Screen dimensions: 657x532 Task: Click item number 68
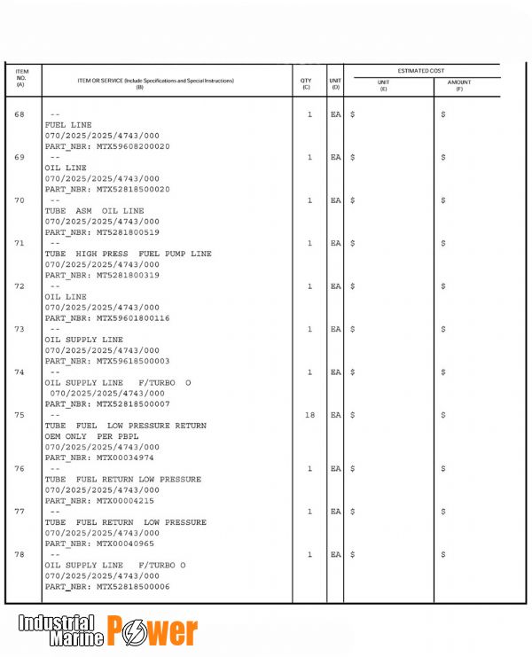pyautogui.click(x=20, y=114)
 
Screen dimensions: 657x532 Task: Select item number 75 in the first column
pyautogui.click(x=20, y=415)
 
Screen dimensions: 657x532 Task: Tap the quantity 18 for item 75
pyautogui.click(x=309, y=415)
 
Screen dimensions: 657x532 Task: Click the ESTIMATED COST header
pyautogui.click(x=422, y=70)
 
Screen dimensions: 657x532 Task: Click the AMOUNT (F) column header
pyautogui.click(x=459, y=85)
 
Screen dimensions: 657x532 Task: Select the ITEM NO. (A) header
pyautogui.click(x=21, y=77)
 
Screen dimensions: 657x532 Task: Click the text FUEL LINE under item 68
pyautogui.click(x=68, y=125)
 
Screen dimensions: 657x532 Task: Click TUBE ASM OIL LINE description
pyautogui.click(x=94, y=211)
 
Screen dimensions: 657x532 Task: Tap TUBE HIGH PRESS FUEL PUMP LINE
pyautogui.click(x=128, y=254)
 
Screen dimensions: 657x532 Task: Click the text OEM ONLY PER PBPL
pyautogui.click(x=91, y=436)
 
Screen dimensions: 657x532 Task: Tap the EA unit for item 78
pyautogui.click(x=335, y=554)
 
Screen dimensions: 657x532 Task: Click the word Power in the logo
pyautogui.click(x=153, y=631)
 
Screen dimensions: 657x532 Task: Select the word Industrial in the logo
pyautogui.click(x=57, y=622)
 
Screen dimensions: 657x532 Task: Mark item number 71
pyautogui.click(x=20, y=243)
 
